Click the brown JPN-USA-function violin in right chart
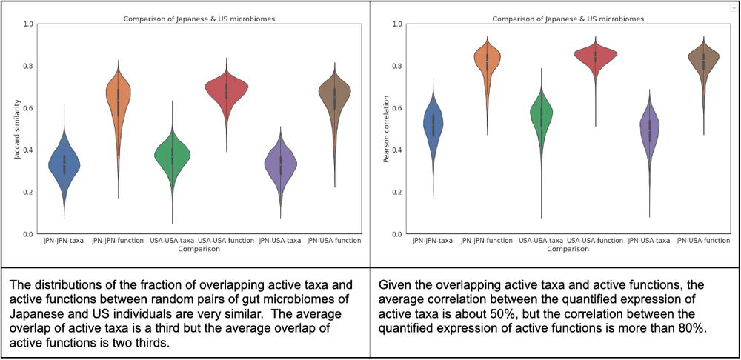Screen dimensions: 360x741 [x=705, y=61]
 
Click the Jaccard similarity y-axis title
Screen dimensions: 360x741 [x=16, y=129]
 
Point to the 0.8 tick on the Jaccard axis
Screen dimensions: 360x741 [x=27, y=66]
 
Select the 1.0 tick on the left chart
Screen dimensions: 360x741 [x=27, y=24]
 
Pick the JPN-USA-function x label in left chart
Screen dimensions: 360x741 [x=335, y=241]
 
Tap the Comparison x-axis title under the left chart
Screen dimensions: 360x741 [x=199, y=249]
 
